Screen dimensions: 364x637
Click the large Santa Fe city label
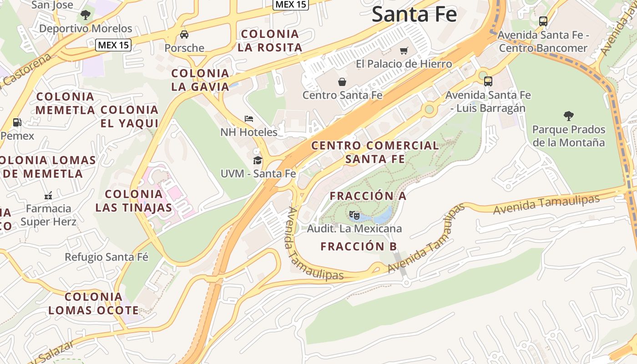(414, 14)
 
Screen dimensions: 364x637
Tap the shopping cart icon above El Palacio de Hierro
(404, 51)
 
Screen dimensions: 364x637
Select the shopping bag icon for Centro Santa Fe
(342, 82)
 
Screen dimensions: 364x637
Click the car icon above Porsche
(184, 35)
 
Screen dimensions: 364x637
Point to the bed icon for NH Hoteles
(249, 119)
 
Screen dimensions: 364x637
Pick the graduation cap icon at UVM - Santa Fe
(258, 160)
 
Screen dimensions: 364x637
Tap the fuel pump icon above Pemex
(17, 122)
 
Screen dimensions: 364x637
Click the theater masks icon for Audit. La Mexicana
(354, 215)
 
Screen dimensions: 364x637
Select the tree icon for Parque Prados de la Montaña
(568, 116)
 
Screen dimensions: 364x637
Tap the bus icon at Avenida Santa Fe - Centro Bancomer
(543, 21)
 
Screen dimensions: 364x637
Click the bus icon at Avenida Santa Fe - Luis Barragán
(488, 81)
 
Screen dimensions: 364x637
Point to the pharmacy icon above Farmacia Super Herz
(48, 196)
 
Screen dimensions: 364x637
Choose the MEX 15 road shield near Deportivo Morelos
(113, 45)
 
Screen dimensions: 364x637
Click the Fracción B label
(359, 247)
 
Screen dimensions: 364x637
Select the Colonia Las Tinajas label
(134, 201)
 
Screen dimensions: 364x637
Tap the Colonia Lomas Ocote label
(93, 303)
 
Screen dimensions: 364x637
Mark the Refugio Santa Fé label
(106, 257)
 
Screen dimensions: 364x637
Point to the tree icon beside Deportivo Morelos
(85, 15)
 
